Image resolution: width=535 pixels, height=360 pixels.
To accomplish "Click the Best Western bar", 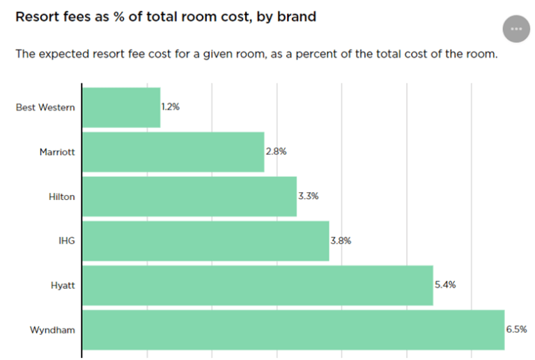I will [121, 107].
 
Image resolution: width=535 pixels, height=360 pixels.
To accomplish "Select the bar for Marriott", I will [173, 152].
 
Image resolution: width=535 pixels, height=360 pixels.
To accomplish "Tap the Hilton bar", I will [189, 196].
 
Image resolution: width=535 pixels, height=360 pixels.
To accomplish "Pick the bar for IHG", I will [206, 241].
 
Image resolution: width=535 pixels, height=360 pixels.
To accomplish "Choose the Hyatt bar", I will [258, 285].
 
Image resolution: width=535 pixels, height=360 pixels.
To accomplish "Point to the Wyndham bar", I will [293, 329].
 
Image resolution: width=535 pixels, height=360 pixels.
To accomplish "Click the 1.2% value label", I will [171, 107].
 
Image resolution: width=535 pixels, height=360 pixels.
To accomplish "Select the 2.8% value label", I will [276, 152].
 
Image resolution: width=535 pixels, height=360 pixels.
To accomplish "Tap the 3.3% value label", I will [308, 196].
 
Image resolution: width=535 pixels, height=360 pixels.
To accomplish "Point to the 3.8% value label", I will [341, 241].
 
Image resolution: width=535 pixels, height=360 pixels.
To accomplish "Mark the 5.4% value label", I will [444, 285].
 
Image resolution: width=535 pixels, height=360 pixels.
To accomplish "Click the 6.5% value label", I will [516, 329].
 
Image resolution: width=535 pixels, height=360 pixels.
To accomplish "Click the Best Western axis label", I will [45, 107].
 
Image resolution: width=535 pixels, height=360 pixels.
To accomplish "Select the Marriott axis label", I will [57, 152].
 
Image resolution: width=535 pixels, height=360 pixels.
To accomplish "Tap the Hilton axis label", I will [61, 196].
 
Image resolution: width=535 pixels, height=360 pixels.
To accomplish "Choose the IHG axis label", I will [67, 241].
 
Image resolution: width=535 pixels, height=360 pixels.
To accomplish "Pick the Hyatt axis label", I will [62, 285].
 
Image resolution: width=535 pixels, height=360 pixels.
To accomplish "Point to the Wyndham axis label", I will [52, 329].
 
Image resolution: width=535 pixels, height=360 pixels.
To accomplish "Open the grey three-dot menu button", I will [516, 29].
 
